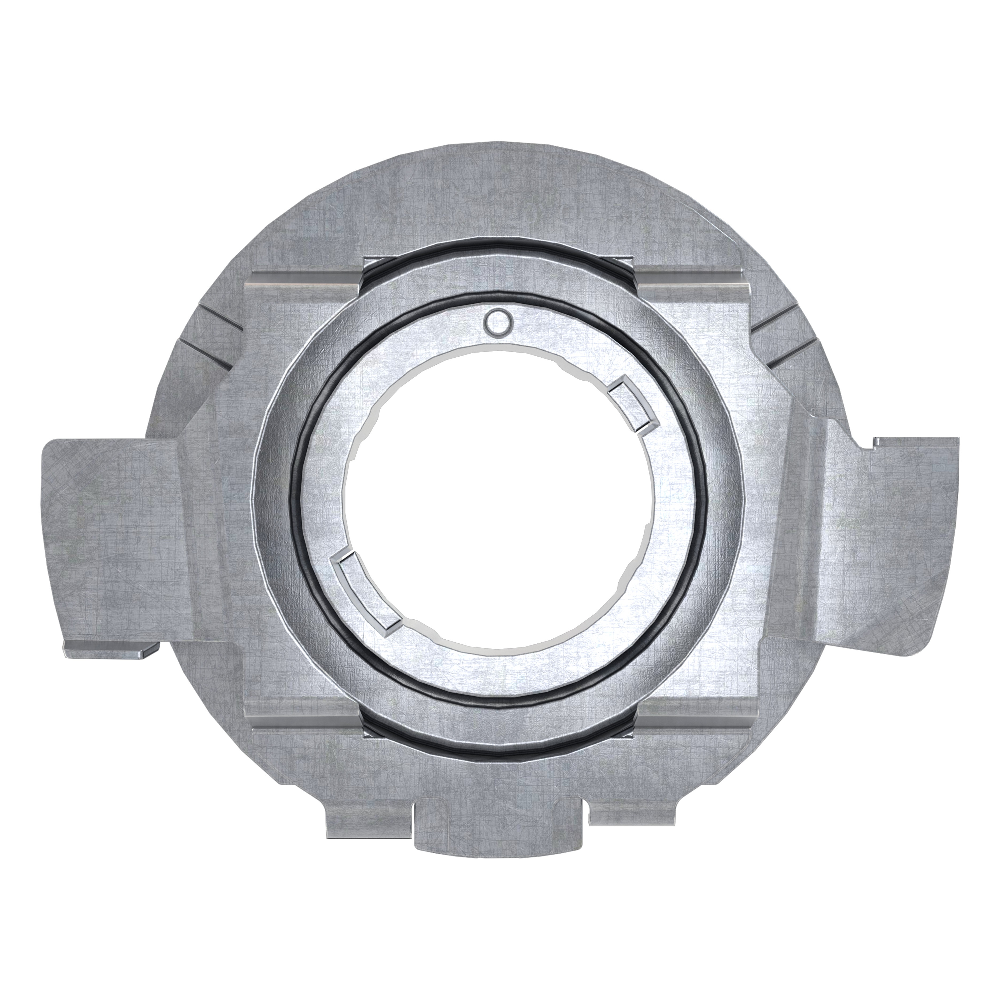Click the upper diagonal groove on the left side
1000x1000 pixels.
[220, 317]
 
